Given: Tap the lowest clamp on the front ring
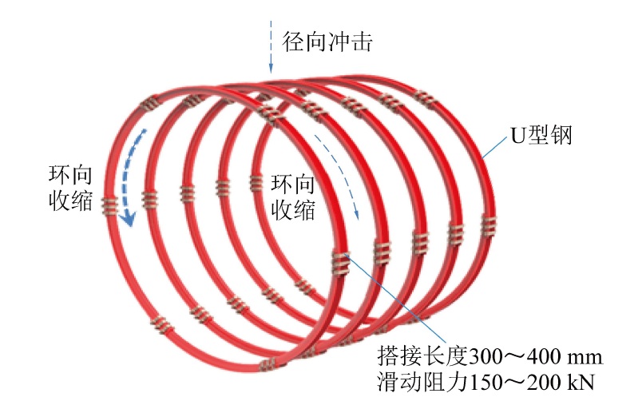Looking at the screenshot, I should tap(267, 364).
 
